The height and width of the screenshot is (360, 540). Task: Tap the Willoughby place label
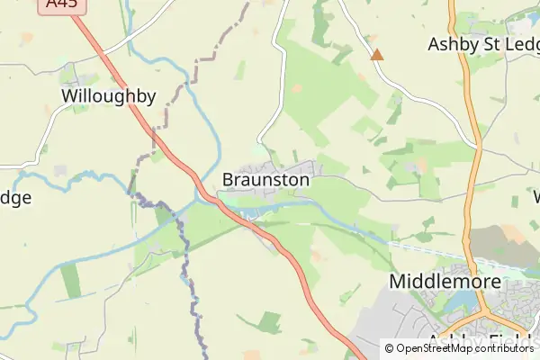108,96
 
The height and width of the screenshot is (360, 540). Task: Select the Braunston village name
265,180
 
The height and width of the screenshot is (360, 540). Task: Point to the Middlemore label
444,282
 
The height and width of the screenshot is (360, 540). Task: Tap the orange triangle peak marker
377,55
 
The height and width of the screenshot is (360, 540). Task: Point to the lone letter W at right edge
536,196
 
